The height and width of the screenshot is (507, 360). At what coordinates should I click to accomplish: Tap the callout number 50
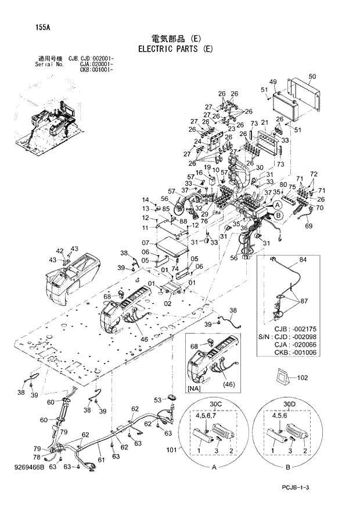312,77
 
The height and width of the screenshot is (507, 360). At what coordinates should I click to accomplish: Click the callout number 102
302,377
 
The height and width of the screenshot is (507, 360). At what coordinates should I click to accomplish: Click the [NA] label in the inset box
195,387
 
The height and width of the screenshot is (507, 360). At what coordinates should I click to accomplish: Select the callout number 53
157,400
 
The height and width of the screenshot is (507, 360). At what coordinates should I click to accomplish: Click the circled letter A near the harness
278,205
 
